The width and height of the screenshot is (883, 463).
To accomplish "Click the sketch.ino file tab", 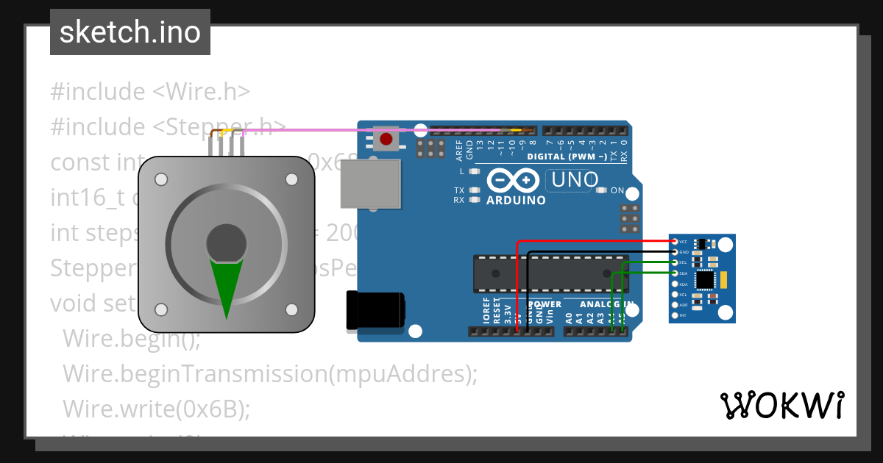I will (x=130, y=32).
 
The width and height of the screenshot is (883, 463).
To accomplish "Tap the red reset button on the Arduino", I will (x=386, y=137).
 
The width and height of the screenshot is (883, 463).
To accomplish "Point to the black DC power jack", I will (x=375, y=309).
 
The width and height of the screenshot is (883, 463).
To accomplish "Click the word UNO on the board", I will (x=568, y=179).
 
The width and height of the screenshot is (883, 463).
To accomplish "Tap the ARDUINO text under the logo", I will (x=516, y=200).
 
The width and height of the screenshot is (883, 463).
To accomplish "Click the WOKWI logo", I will (x=781, y=405).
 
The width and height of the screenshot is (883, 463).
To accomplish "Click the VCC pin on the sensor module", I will (x=675, y=241).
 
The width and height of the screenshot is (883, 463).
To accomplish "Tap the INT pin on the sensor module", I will (x=675, y=315).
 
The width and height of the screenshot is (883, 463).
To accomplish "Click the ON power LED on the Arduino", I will (x=601, y=190).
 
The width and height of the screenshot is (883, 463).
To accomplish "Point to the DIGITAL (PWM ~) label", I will (x=567, y=157).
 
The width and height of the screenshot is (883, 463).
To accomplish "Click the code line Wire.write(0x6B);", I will (x=156, y=409).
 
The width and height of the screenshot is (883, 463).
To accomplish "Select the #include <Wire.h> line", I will (x=150, y=92).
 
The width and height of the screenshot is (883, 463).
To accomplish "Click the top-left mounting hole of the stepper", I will (x=161, y=179).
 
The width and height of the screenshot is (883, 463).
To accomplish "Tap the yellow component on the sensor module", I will (x=724, y=279).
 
